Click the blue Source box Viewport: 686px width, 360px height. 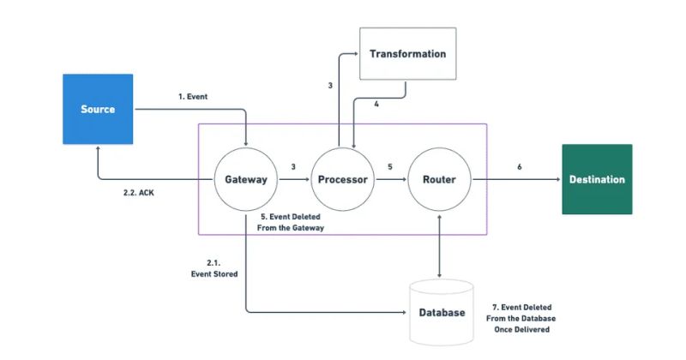[x=98, y=109]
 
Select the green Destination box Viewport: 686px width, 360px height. [x=597, y=179]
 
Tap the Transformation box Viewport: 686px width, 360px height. [x=407, y=54]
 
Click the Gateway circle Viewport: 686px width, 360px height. [x=245, y=180]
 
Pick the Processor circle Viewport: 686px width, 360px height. [x=342, y=180]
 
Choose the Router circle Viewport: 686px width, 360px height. [x=439, y=180]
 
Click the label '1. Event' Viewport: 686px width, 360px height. [x=193, y=97]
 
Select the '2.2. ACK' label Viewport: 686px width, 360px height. [x=139, y=193]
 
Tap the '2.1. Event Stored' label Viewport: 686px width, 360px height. [x=214, y=267]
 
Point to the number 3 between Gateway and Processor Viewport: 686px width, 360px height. [x=293, y=167]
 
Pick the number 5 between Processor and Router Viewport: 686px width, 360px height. [x=390, y=167]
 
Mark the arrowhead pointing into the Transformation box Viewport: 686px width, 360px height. [x=355, y=54]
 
